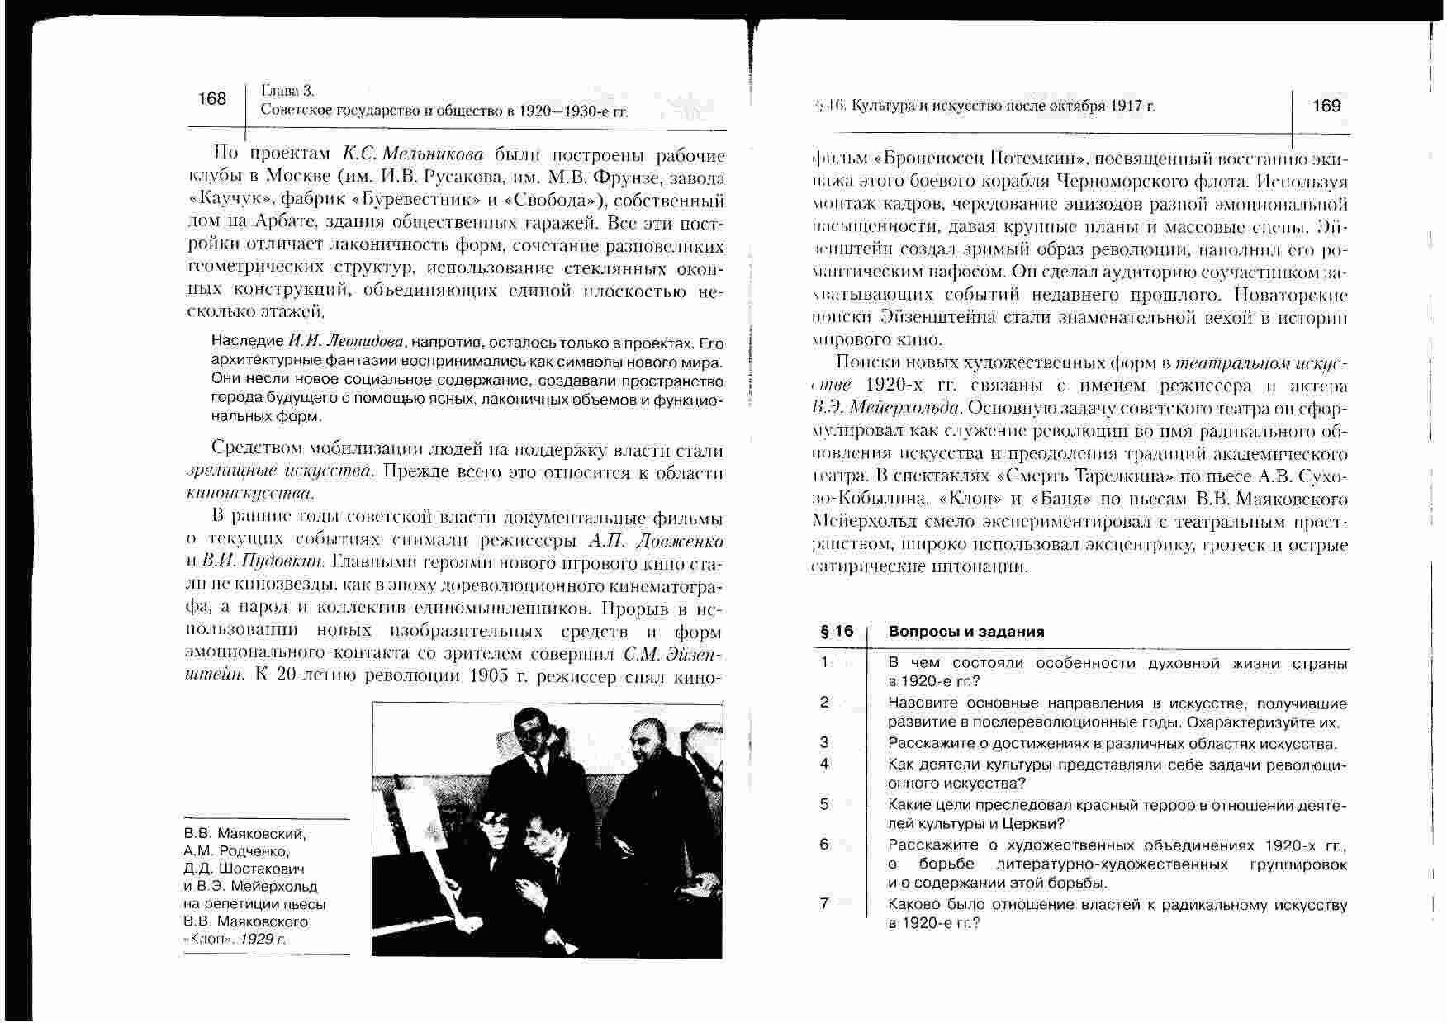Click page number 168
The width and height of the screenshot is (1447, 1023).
click(x=211, y=99)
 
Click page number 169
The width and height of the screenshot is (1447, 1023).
click(x=1326, y=106)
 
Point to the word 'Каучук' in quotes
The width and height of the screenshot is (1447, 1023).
click(x=232, y=201)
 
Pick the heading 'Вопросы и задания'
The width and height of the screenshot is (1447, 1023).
click(x=965, y=632)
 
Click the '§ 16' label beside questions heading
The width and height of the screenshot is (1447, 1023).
click(x=837, y=632)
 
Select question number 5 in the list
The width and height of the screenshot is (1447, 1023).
click(x=824, y=803)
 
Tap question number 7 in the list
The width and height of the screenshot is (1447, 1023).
click(x=824, y=903)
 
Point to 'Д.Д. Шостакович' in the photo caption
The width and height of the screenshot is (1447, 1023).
click(x=244, y=869)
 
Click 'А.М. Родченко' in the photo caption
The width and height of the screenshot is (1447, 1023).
click(x=236, y=851)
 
